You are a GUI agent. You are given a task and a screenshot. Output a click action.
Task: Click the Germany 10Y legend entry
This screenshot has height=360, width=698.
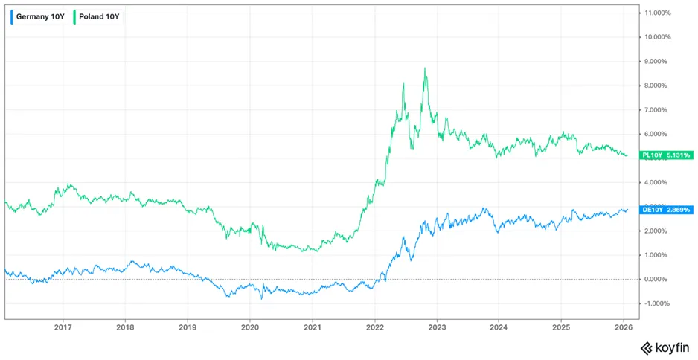click(x=39, y=17)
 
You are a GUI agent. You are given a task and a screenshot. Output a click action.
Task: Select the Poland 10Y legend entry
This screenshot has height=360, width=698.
click(x=97, y=17)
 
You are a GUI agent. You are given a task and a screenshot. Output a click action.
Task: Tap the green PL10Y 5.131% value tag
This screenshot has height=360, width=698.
click(x=666, y=155)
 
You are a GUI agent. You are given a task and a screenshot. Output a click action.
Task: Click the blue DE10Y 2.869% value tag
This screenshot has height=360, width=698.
click(x=666, y=210)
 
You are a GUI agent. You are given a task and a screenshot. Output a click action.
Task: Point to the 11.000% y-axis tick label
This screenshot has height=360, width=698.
click(x=658, y=13)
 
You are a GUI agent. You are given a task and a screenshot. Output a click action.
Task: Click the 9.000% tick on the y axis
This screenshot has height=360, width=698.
click(x=658, y=62)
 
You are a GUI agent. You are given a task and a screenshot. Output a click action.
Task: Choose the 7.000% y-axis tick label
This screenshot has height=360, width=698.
click(x=658, y=110)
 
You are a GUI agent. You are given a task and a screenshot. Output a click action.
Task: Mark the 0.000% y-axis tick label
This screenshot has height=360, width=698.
click(x=658, y=280)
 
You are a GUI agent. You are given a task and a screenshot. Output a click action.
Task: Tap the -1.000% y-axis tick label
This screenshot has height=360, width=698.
click(x=657, y=303)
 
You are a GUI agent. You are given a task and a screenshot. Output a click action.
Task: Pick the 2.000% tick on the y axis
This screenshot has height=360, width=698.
click(x=658, y=231)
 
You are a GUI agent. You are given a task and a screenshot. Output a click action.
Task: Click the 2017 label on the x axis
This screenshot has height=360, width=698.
click(x=63, y=327)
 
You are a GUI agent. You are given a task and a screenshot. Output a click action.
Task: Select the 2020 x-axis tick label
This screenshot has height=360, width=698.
click(x=250, y=327)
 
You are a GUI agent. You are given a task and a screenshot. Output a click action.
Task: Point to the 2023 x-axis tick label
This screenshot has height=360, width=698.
click(x=437, y=327)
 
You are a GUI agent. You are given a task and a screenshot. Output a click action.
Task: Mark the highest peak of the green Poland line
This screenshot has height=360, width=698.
click(x=425, y=68)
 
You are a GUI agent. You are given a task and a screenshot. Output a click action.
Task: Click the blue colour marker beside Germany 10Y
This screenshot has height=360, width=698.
click(x=12, y=17)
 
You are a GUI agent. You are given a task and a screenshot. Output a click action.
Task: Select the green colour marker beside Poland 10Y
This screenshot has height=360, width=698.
click(x=74, y=17)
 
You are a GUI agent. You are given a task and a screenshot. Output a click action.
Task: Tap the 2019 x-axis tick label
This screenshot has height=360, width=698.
click(x=188, y=327)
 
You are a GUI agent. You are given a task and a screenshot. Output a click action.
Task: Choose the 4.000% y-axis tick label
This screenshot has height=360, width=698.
click(x=658, y=182)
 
